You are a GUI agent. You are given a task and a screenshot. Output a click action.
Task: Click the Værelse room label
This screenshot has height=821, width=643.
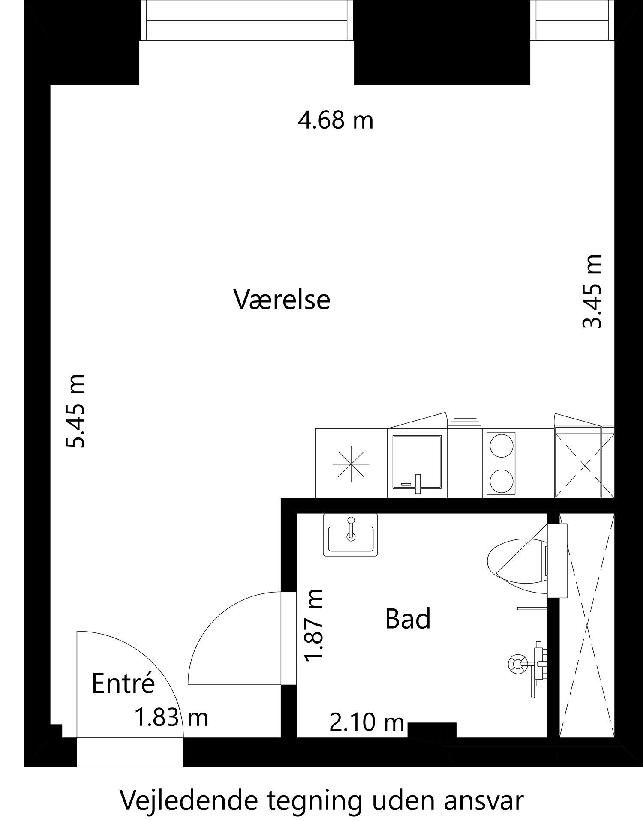tap(282, 300)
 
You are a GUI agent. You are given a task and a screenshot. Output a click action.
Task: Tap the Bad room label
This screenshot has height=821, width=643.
tap(407, 620)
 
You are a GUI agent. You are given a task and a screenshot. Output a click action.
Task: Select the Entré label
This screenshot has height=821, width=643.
tap(123, 684)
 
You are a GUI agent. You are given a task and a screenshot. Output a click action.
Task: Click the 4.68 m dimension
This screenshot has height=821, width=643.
tap(336, 120)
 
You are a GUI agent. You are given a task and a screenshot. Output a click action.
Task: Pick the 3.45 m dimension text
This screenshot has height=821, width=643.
tap(593, 291)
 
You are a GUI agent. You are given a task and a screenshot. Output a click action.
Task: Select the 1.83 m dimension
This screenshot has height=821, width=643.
tap(171, 718)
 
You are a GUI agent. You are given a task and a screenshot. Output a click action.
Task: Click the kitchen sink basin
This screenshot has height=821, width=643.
tap(417, 463)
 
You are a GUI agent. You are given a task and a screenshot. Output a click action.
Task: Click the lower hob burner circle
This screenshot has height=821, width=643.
tap(501, 481)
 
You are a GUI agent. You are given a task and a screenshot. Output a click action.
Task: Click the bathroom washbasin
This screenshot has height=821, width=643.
tap(351, 539)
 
